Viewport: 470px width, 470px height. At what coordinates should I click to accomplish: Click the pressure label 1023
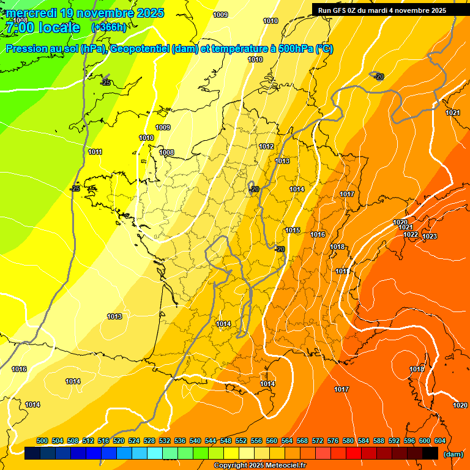(430, 236)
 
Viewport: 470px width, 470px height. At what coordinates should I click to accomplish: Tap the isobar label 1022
(411, 234)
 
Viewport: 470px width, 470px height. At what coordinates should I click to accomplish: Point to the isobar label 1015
(293, 230)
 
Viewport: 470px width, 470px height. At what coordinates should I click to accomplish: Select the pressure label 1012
(266, 146)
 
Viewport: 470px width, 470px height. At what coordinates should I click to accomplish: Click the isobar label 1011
(95, 152)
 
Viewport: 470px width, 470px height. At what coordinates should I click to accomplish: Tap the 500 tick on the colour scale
(42, 441)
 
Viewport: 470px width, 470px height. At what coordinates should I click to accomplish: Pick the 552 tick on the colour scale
(241, 441)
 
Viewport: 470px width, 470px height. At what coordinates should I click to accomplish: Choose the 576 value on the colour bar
(333, 441)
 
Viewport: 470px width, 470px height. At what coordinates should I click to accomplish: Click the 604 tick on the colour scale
(440, 441)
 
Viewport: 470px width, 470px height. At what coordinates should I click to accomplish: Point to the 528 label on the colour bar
(149, 441)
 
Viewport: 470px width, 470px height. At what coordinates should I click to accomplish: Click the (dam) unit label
(453, 454)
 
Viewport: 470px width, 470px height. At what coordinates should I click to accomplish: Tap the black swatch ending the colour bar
(430, 453)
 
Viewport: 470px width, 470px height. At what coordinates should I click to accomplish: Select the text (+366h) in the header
(108, 27)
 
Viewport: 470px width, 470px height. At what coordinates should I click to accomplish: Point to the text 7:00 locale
(43, 28)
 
